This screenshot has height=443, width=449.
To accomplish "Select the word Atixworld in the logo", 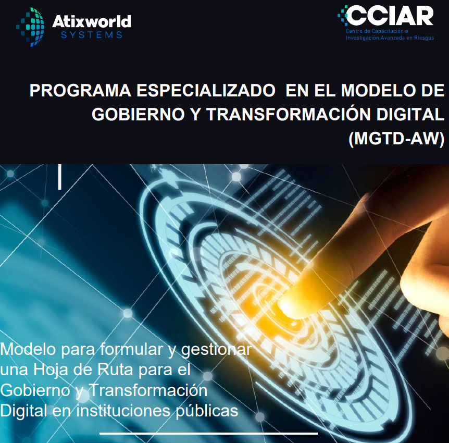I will (92, 22).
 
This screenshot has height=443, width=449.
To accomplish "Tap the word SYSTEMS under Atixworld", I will (92, 35).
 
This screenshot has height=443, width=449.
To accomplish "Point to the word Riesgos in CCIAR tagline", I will (422, 38).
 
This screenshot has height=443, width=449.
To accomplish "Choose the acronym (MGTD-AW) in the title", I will (396, 139).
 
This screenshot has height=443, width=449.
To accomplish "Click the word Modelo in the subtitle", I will (28, 349).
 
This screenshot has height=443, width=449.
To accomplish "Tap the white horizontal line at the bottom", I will (208, 433).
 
